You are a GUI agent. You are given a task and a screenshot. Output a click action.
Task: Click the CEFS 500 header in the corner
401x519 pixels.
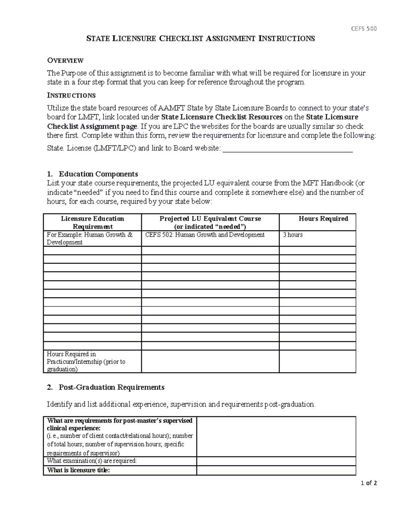pyautogui.click(x=364, y=29)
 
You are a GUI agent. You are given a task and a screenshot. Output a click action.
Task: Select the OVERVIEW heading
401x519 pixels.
pyautogui.click(x=65, y=60)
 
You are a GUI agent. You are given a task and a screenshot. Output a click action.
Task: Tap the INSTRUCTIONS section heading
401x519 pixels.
pyautogui.click(x=71, y=96)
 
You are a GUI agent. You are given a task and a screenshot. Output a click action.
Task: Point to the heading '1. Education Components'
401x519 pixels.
pyautogui.click(x=93, y=174)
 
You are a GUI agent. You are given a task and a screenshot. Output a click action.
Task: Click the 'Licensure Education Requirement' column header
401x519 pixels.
pyautogui.click(x=92, y=222)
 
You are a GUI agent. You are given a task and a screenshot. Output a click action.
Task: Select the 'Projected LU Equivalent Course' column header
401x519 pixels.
pyautogui.click(x=210, y=222)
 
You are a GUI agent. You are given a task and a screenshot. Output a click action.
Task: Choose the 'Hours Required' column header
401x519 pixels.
pyautogui.click(x=323, y=219)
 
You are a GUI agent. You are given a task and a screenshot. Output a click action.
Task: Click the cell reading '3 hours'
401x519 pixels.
pyautogui.click(x=293, y=235)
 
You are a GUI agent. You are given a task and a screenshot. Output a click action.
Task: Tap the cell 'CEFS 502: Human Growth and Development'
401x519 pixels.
pyautogui.click(x=205, y=235)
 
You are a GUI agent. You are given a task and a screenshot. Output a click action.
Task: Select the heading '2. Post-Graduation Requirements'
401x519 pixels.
pyautogui.click(x=106, y=387)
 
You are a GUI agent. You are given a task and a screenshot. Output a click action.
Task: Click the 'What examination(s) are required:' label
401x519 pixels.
pyautogui.click(x=92, y=461)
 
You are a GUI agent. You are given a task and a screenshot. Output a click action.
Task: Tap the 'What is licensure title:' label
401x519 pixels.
pyautogui.click(x=79, y=470)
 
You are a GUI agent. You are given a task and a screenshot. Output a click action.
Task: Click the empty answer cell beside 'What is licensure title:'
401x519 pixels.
pyautogui.click(x=276, y=470)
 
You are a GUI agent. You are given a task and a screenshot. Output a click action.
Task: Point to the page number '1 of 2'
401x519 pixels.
pyautogui.click(x=369, y=483)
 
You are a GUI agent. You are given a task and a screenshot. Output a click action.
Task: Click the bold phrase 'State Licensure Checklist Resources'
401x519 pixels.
pyautogui.click(x=222, y=117)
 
